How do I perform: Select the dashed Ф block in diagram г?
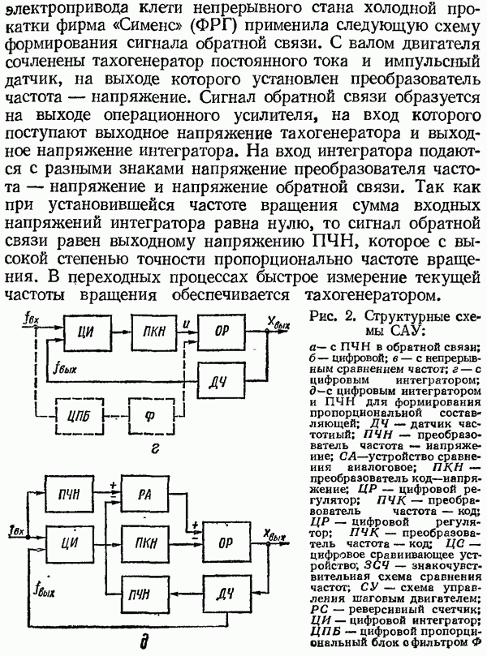point(149,418)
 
